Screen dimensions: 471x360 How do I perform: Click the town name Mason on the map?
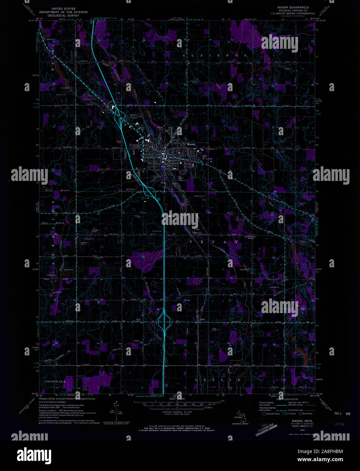point(191,144)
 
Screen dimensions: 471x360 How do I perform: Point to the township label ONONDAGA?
point(55,382)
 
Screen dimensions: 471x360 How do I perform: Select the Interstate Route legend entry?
point(271,414)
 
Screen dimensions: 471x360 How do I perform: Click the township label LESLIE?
point(218,380)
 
